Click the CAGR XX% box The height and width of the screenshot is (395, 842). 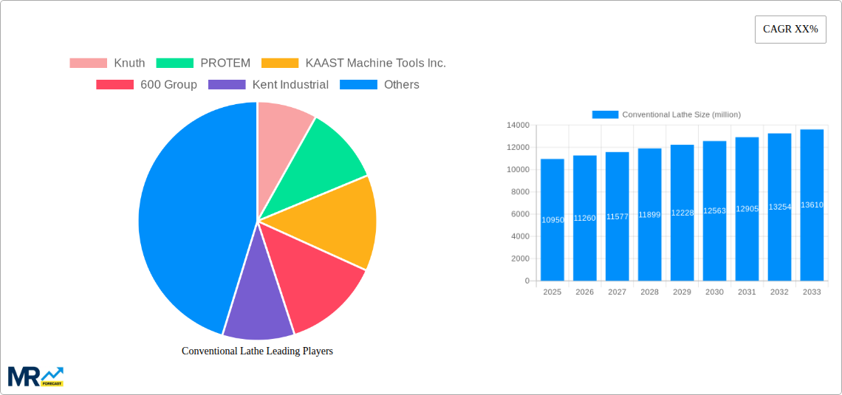tap(790, 30)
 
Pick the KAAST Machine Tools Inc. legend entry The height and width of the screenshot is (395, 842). tap(355, 63)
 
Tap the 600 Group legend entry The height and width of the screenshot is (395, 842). tap(147, 85)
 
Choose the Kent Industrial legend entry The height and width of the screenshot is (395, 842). tap(269, 85)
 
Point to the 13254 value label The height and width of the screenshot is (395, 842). tap(779, 207)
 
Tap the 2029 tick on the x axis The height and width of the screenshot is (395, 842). tap(682, 292)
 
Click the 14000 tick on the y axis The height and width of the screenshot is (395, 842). tap(517, 126)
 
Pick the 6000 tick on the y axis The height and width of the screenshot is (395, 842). tap(520, 214)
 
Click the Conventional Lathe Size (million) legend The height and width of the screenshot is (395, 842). tap(666, 114)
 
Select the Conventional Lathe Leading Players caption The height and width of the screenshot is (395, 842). tap(257, 351)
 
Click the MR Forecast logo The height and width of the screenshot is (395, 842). tap(35, 376)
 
